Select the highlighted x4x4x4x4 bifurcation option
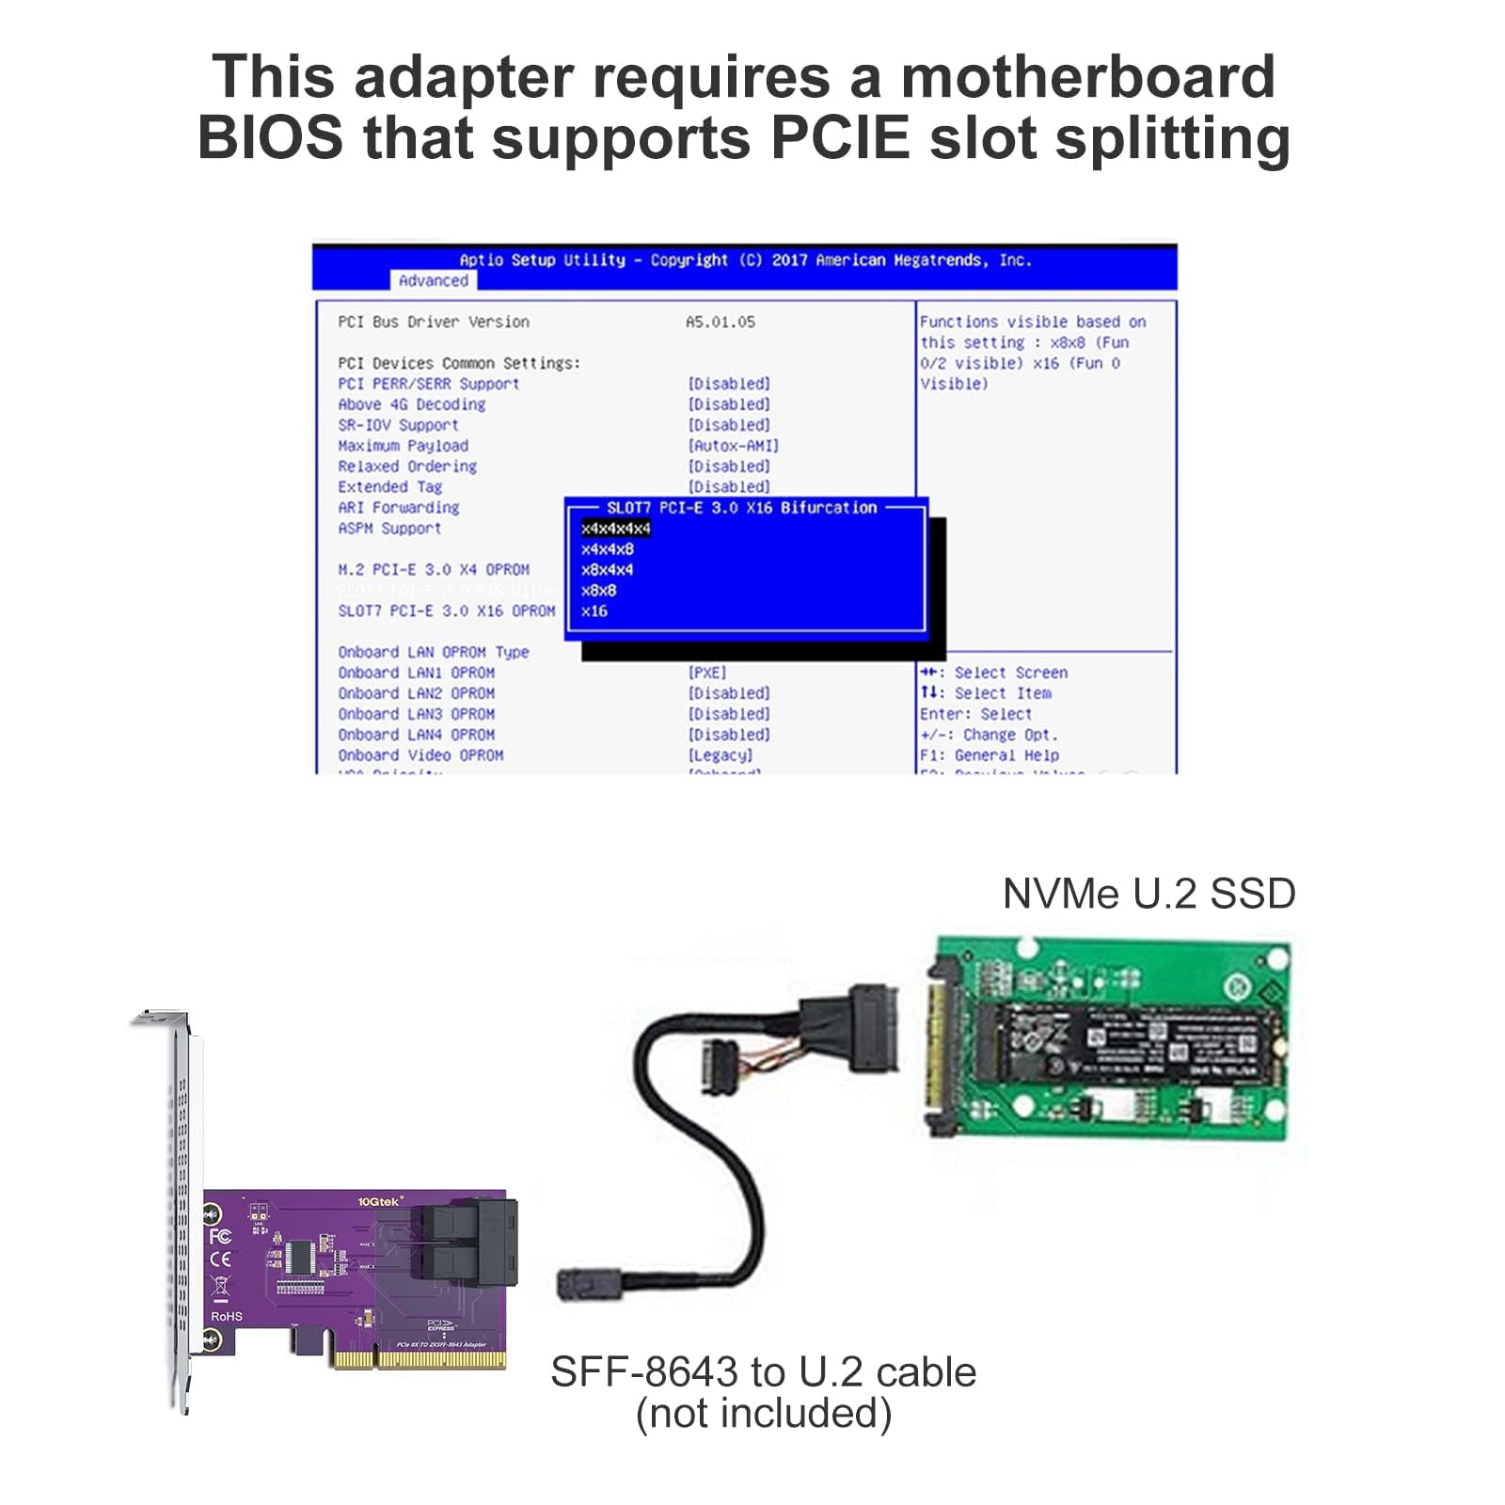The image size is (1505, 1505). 615,529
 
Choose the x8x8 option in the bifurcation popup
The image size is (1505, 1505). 599,591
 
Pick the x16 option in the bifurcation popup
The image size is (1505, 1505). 594,611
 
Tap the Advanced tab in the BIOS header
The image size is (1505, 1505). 433,280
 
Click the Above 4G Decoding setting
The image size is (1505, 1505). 412,404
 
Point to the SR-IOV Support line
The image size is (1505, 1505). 398,425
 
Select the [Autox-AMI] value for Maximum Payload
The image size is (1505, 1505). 734,446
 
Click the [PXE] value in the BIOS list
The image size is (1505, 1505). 707,673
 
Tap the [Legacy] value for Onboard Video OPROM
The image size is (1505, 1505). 721,755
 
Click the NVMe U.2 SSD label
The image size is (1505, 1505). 1149,894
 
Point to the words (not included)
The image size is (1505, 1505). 763,1413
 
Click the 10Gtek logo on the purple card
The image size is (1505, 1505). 379,1201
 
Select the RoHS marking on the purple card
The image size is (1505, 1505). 227,1316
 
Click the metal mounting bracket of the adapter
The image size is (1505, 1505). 178,1204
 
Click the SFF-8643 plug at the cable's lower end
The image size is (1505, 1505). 576,1283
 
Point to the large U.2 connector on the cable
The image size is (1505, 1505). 869,1028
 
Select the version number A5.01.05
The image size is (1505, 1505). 721,322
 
